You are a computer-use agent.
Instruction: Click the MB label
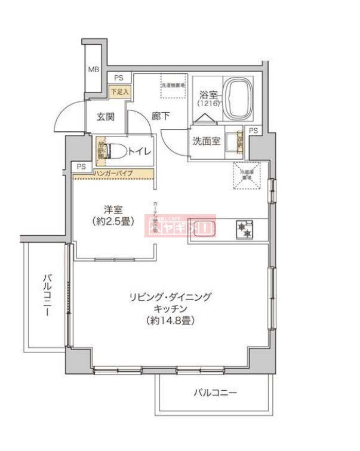coord(93,70)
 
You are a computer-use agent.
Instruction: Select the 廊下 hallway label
coord(159,117)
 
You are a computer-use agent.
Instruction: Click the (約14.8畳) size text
coord(171,320)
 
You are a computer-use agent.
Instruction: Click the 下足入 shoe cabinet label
coord(119,91)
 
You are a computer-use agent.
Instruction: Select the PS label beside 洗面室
coord(254,131)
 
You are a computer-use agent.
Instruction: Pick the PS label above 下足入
coord(119,78)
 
